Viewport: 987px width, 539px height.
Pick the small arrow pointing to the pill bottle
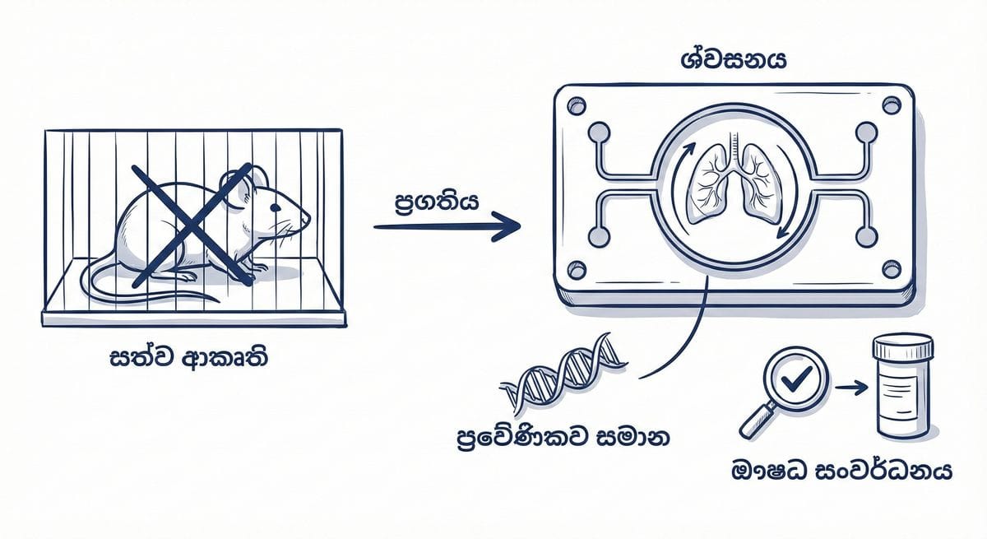850,386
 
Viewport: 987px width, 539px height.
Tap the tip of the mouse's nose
310,220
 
